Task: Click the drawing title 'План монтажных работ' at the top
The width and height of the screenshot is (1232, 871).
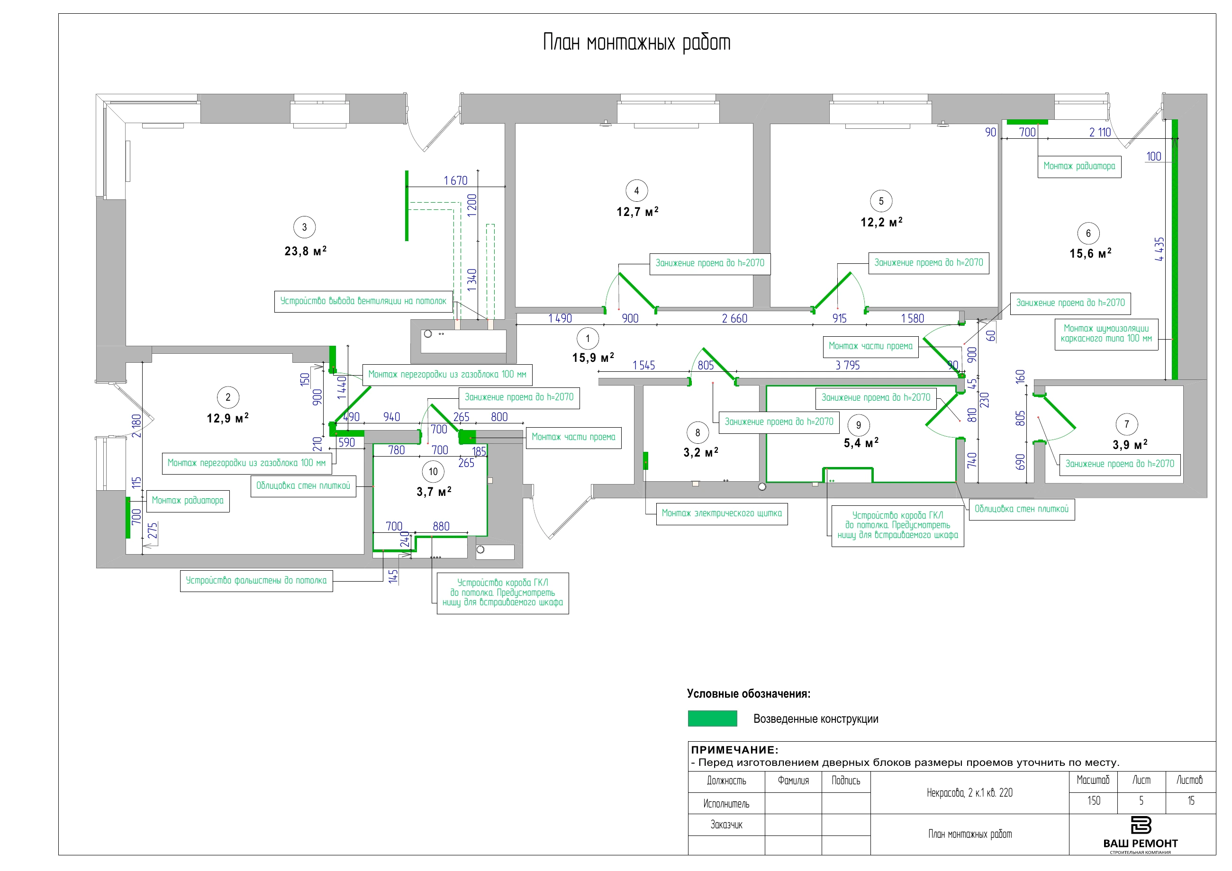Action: coord(637,42)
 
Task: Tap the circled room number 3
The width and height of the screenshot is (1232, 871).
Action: coord(304,227)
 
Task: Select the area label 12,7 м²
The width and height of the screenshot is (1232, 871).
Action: coord(637,211)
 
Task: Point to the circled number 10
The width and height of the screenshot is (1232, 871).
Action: coord(433,471)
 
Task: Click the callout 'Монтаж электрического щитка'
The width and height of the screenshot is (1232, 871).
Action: coord(722,513)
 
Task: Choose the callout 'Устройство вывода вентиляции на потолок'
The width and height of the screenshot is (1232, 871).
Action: coord(363,301)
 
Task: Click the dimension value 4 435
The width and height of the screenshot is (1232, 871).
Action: coord(1160,250)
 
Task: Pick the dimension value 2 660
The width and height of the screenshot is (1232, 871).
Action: coord(734,319)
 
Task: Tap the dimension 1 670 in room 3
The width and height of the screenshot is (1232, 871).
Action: coord(455,181)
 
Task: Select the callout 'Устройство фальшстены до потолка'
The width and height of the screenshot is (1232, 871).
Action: coord(256,581)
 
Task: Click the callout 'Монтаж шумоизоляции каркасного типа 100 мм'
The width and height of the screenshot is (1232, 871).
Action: coord(1106,333)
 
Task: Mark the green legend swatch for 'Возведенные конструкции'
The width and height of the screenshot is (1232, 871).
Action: coord(712,718)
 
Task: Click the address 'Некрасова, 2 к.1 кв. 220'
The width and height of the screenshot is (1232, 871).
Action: coord(969,793)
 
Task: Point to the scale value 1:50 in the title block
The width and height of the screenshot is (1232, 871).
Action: coord(1094,801)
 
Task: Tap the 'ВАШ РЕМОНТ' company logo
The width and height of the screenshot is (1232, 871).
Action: coord(1140,835)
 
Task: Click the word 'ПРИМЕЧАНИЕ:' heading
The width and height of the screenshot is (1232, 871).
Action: coord(734,750)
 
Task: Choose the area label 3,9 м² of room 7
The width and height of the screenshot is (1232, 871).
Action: coord(1130,445)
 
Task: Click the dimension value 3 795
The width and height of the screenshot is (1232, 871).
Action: coord(847,365)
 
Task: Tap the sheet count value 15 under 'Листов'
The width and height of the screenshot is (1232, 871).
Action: coord(1191,801)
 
